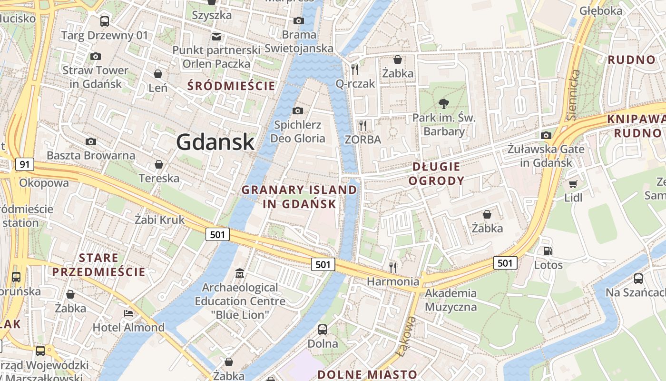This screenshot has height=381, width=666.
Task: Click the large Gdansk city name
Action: [x=215, y=141]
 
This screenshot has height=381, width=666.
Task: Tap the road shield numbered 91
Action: [x=25, y=165]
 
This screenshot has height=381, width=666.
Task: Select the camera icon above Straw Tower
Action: [x=95, y=56]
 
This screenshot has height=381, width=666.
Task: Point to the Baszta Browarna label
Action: [x=91, y=155]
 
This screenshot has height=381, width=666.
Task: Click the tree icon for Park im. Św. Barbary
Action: [x=443, y=103]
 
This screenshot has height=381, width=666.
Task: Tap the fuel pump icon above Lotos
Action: [x=548, y=251]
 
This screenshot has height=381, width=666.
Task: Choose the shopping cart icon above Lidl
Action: [x=573, y=184]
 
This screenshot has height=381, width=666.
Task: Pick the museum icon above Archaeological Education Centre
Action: [x=240, y=273]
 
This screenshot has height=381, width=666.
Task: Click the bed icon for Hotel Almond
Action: [x=128, y=313]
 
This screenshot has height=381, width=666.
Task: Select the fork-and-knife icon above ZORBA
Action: [x=363, y=126]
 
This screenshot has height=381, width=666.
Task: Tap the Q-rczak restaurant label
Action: [x=355, y=84]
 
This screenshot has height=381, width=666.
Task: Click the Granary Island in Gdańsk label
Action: [x=299, y=197]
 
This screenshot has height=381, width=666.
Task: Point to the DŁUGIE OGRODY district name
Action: [x=436, y=173]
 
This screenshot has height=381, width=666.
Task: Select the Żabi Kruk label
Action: [x=159, y=220]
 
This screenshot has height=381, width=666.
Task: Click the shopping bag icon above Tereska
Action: [x=159, y=164]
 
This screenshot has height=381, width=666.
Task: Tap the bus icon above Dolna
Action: [x=323, y=329]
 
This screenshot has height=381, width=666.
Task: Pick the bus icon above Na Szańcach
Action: [x=638, y=279]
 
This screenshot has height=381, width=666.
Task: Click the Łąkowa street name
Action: [x=405, y=337]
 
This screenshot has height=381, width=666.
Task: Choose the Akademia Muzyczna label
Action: [x=451, y=300]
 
